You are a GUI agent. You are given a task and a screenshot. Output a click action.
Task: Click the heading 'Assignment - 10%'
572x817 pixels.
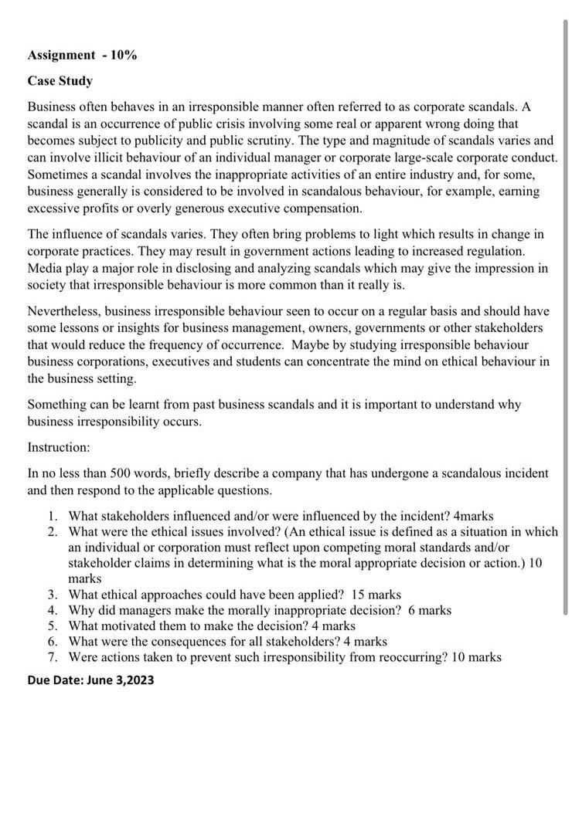click(82, 55)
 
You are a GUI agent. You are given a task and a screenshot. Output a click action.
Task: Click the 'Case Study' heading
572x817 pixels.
click(60, 80)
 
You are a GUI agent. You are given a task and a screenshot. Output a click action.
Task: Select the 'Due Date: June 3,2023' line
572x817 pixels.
click(90, 680)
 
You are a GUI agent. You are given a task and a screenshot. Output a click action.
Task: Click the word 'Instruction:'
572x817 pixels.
click(59, 447)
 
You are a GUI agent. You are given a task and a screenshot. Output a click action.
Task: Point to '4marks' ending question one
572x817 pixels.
click(473, 516)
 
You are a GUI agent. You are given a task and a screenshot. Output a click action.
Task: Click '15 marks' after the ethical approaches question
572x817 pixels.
click(376, 595)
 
